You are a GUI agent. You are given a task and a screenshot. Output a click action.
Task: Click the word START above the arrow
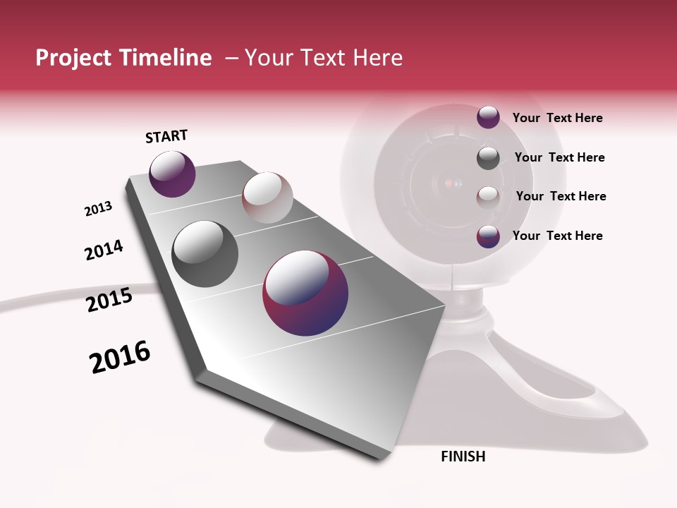(x=166, y=136)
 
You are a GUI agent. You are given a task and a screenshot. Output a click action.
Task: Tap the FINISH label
(x=463, y=456)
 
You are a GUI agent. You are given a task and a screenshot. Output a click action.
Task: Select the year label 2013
(x=98, y=209)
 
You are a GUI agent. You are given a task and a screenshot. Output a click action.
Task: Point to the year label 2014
(x=104, y=250)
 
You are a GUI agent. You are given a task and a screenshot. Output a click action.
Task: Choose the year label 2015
(x=109, y=300)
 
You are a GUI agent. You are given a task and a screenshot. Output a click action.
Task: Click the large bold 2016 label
(x=120, y=356)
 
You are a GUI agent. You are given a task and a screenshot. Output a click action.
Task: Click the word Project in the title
(x=73, y=58)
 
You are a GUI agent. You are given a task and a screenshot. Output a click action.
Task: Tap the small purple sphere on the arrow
(x=172, y=174)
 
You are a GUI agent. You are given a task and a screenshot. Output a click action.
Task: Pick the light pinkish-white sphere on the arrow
(x=267, y=197)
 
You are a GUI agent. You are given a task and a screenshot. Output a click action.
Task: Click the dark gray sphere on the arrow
(x=205, y=253)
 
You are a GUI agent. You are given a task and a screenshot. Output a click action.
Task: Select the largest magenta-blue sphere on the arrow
(x=305, y=292)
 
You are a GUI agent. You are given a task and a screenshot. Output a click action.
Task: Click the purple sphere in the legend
(x=488, y=117)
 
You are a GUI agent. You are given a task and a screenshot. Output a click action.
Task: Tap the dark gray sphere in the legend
(x=488, y=158)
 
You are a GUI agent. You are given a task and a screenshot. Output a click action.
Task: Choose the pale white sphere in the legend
(x=488, y=197)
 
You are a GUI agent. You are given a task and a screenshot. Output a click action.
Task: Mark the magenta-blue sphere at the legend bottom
(x=488, y=236)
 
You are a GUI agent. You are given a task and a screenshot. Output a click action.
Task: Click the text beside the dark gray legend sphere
(x=559, y=157)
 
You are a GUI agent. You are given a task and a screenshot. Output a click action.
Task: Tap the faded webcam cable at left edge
(x=42, y=296)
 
